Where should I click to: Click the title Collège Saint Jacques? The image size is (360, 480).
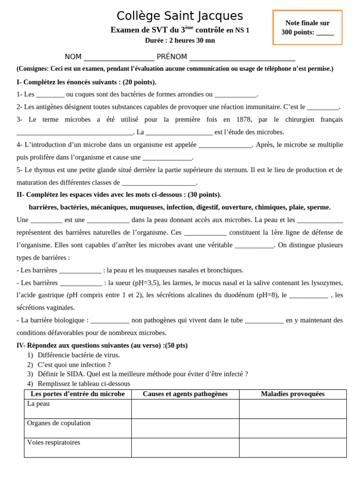click(x=180, y=16)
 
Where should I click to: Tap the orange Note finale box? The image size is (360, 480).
click(x=307, y=28)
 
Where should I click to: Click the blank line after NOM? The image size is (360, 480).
click(x=119, y=58)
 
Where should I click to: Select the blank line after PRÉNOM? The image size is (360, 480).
click(x=242, y=58)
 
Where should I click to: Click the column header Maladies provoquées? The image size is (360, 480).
click(x=292, y=394)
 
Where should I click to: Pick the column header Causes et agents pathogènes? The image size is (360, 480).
click(x=185, y=394)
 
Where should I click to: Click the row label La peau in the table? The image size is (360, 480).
click(x=38, y=404)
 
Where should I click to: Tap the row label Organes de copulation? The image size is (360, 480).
click(x=59, y=423)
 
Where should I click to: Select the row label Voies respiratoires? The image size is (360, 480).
click(x=54, y=442)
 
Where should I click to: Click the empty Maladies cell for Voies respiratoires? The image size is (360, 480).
click(x=292, y=448)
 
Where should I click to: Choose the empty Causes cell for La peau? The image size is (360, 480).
click(x=185, y=409)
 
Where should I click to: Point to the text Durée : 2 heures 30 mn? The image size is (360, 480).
click(x=180, y=40)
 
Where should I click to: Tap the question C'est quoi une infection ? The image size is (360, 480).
click(x=74, y=365)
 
